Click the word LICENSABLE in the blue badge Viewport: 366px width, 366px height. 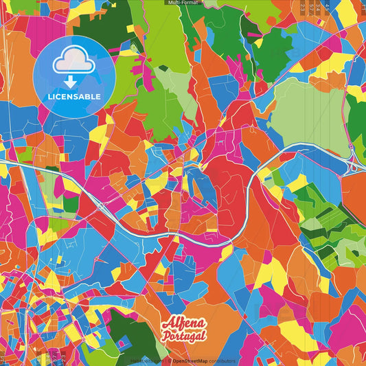tap(73, 95)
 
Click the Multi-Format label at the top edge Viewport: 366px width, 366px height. tap(183, 3)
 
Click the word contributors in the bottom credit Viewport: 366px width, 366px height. tap(222, 361)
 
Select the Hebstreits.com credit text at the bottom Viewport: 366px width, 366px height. tap(147, 361)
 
